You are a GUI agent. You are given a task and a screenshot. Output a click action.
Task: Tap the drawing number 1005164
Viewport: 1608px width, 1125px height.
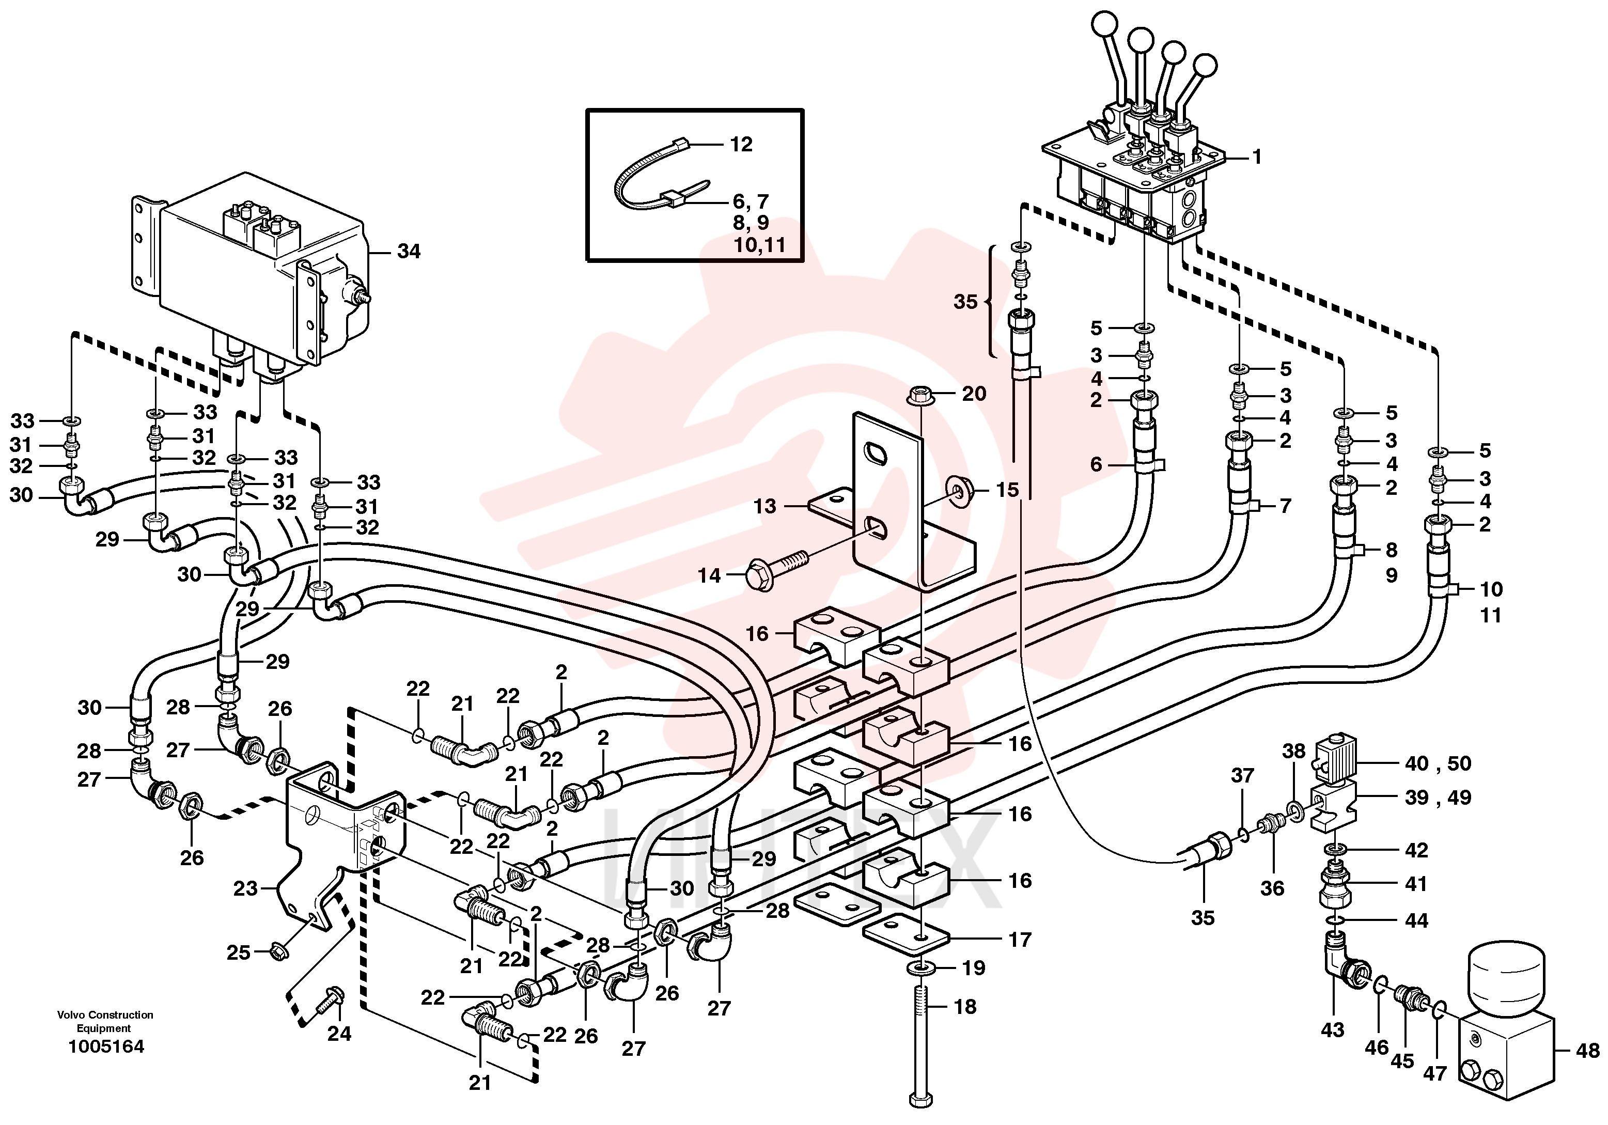click(106, 1046)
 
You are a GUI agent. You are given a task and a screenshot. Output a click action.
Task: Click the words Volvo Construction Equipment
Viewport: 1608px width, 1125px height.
click(105, 1021)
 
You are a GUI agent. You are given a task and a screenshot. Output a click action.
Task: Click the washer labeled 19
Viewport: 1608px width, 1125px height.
click(921, 969)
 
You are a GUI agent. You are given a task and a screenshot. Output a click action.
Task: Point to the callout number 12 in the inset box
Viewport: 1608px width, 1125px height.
click(741, 144)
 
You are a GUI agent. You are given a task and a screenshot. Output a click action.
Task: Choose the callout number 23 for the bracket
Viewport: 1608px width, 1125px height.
click(245, 889)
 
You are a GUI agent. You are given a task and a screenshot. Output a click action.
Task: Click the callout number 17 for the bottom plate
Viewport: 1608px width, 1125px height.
click(1020, 940)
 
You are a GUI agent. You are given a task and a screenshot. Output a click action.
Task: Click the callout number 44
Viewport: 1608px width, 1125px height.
click(1416, 920)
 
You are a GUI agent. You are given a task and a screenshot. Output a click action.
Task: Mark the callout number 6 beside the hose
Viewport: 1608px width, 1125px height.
click(1096, 464)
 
